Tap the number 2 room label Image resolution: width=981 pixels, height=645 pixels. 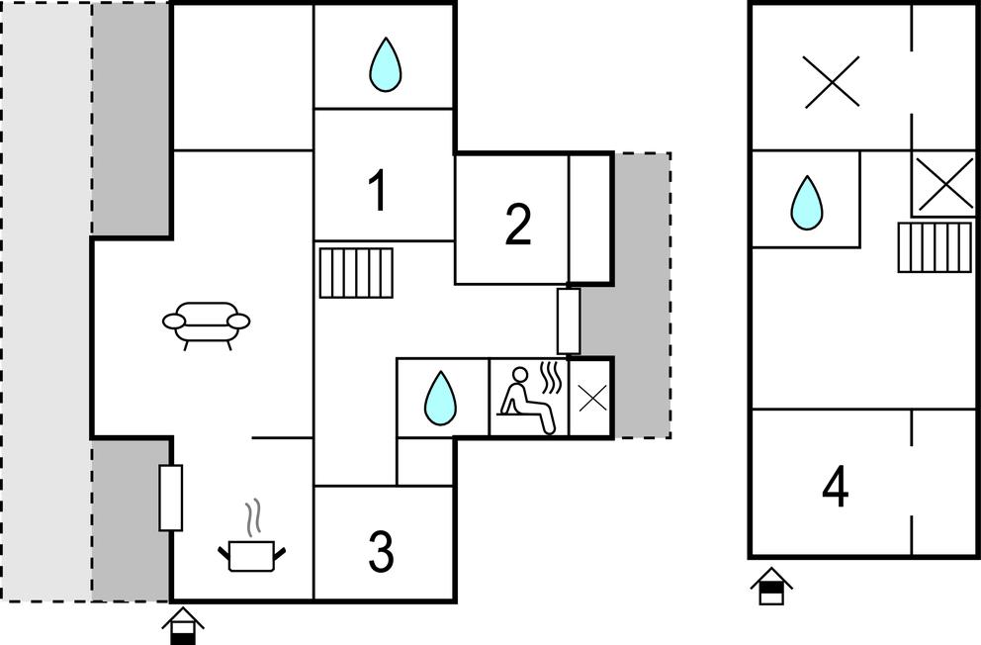coord(517,225)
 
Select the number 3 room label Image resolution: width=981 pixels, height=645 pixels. coord(382,553)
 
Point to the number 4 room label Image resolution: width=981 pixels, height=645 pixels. coord(836,488)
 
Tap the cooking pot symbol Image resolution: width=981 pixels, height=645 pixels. coord(252,554)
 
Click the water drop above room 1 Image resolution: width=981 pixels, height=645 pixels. coord(385,65)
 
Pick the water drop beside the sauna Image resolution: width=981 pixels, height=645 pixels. coord(440,399)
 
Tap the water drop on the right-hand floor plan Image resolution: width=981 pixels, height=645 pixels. coord(807,203)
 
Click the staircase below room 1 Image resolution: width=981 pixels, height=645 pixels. coord(356,272)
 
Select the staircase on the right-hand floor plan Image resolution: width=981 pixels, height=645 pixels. coord(935,247)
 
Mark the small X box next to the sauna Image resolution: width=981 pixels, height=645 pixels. coord(591,399)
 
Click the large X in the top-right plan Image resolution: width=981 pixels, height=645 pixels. coord(832,82)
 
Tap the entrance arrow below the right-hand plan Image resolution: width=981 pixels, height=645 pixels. coord(770,588)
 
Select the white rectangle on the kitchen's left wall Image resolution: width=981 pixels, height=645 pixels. coord(171,497)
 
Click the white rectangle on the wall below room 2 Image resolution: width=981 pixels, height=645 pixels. coord(569,321)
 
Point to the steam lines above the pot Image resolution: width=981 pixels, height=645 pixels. coord(254,514)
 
